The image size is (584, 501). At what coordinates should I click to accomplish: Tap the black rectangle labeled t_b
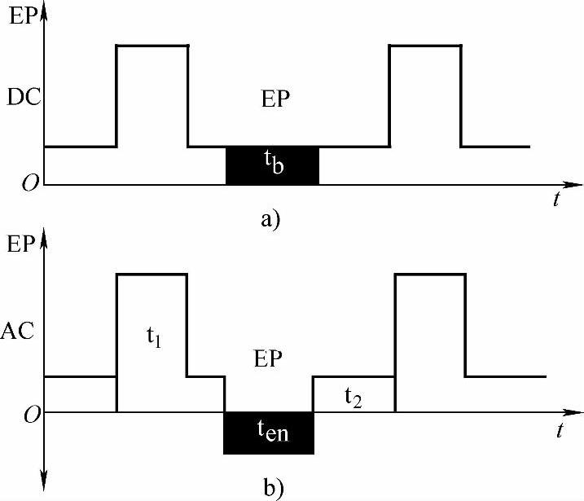[x=272, y=165]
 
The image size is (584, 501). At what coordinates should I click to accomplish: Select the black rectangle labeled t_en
[x=268, y=433]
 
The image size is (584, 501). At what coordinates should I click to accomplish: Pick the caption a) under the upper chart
[x=271, y=220]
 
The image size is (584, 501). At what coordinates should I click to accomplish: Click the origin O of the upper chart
[x=30, y=185]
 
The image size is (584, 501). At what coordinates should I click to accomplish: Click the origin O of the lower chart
[x=30, y=414]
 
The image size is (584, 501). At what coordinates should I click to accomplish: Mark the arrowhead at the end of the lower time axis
[x=573, y=412]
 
